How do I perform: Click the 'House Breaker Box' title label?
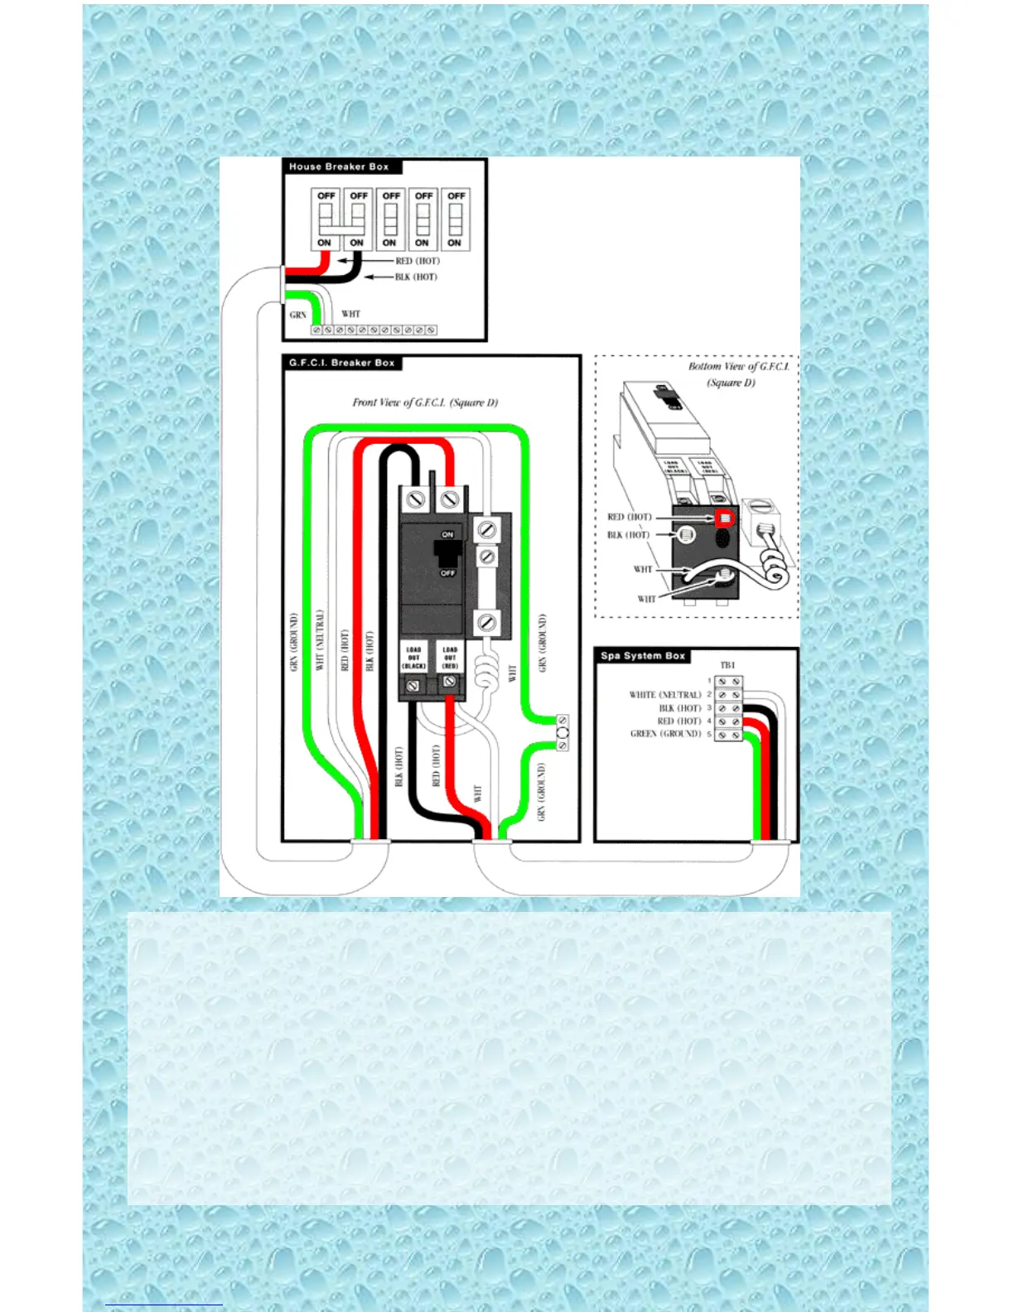tap(339, 166)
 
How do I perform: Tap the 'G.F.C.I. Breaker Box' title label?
tap(341, 363)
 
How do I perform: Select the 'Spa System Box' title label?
tap(643, 656)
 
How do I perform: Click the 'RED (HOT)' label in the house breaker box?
tap(418, 261)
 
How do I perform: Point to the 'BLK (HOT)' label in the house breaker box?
tap(416, 277)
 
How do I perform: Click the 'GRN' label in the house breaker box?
tap(298, 315)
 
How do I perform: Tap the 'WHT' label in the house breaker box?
tap(351, 314)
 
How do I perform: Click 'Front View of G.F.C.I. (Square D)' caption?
tap(425, 403)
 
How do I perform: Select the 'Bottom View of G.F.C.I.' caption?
tap(738, 366)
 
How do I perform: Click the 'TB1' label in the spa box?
tap(727, 665)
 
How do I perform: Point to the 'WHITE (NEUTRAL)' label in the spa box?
tap(665, 695)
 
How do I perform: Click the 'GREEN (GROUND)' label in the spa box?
tap(666, 734)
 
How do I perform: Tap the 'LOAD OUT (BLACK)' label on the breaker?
tap(413, 658)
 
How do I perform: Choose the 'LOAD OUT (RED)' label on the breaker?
tap(450, 658)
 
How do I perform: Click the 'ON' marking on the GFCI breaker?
tap(447, 534)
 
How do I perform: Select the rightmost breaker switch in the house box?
tap(455, 219)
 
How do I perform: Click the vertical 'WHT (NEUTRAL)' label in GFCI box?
tap(320, 639)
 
